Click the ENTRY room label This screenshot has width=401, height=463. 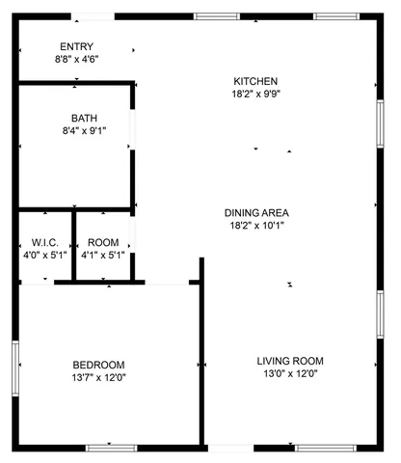click(76, 46)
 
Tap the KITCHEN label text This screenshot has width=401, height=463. click(255, 81)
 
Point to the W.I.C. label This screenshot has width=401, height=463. click(45, 242)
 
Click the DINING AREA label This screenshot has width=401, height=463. click(256, 213)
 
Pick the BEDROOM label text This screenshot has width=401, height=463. click(98, 365)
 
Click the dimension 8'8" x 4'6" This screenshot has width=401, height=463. click(76, 59)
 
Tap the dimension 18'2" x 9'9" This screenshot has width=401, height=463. click(255, 94)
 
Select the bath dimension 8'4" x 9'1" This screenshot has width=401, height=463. click(84, 131)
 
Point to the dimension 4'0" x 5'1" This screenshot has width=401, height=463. click(45, 256)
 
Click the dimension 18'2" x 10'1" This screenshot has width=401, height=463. click(256, 226)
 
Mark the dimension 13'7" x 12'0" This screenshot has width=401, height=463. click(98, 377)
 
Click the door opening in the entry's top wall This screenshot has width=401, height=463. click(94, 15)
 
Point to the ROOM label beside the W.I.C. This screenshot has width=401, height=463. click(103, 242)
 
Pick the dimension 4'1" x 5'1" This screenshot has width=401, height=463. click(103, 256)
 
